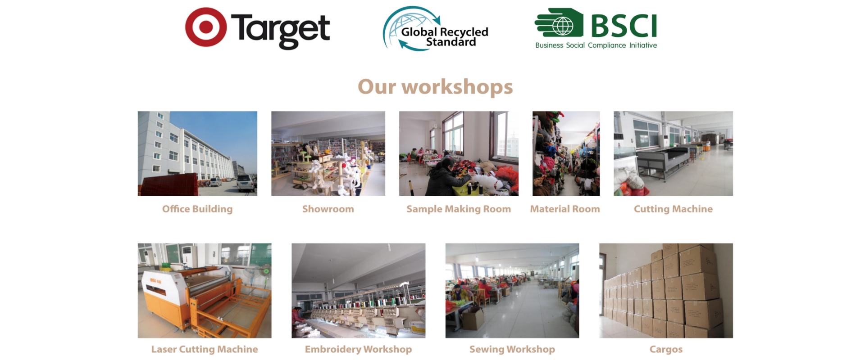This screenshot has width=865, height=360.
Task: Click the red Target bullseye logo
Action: coord(206,27)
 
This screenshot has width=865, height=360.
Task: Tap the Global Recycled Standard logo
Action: coord(436,28)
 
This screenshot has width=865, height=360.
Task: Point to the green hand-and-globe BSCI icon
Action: coord(559,22)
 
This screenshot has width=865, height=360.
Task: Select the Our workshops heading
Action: coord(435,86)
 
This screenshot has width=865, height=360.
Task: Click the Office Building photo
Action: coord(197,153)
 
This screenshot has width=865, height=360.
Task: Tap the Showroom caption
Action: coord(328,209)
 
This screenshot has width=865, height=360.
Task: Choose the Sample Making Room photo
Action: coord(459,153)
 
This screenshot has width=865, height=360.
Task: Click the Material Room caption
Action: coord(565,209)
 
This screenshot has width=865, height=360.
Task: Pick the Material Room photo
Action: coord(566,153)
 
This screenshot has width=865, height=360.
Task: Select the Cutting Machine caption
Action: coord(673,209)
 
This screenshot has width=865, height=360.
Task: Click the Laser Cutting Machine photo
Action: coord(205,291)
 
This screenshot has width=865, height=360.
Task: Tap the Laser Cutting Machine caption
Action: coord(205,349)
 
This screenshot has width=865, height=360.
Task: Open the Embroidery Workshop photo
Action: coord(358,291)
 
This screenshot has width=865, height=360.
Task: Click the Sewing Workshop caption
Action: coord(512,349)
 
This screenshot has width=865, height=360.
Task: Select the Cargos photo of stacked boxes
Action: coord(666,291)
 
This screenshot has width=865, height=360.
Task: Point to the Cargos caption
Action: coord(666,349)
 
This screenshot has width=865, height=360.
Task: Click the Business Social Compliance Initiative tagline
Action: coord(596,45)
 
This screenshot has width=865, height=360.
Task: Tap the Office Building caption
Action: coord(197,209)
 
